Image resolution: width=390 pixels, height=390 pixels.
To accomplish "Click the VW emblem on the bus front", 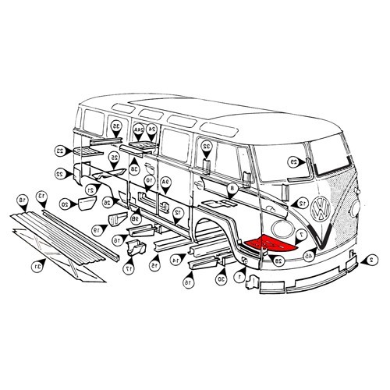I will tap(320, 209).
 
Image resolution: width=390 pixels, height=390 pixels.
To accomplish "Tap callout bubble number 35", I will tap(116, 126).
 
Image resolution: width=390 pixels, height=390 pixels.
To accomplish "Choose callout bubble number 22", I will tap(59, 174).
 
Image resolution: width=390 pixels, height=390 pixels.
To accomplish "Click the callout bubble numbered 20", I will tap(65, 204).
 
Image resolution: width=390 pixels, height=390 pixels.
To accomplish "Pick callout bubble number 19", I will tap(97, 230).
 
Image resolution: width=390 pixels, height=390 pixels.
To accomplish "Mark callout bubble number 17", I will tap(127, 269).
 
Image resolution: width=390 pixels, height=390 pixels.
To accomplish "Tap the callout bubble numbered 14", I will tap(176, 260).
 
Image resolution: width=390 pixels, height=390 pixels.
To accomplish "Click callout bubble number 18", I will tap(23, 200).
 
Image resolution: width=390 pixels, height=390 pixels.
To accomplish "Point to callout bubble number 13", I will tap(44, 196).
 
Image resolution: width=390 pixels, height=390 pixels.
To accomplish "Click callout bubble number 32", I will tap(206, 146).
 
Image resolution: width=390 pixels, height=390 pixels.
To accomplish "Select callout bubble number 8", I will tap(232, 189).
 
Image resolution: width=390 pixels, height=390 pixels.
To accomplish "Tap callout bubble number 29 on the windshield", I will tap(293, 162).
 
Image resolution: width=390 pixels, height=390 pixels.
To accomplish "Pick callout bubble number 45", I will tap(310, 255).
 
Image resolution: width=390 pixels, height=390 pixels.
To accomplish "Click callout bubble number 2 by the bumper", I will tap(372, 259).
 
